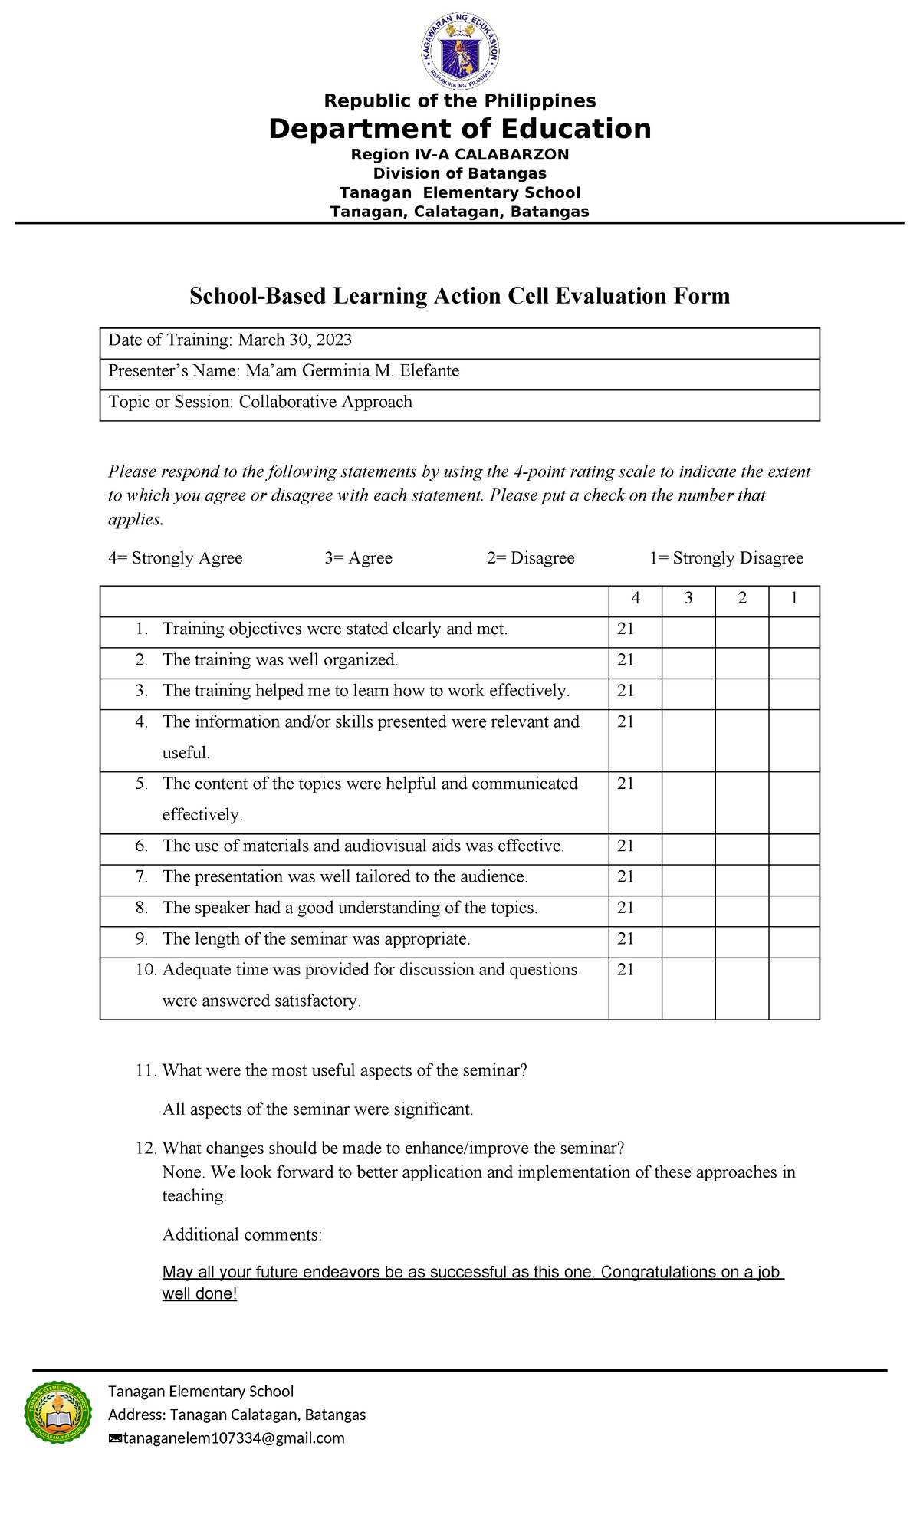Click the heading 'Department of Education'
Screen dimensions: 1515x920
click(x=459, y=129)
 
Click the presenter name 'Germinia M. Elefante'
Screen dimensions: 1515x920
click(x=380, y=371)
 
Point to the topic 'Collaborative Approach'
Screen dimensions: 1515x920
click(x=325, y=403)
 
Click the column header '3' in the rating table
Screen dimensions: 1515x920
click(x=688, y=599)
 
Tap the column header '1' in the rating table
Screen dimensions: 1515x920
click(x=793, y=599)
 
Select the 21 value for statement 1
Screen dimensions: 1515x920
click(x=626, y=629)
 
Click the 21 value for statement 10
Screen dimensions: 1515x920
click(x=626, y=970)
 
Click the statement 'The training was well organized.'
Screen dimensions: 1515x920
click(x=280, y=660)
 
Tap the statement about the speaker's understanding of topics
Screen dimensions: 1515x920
click(x=350, y=908)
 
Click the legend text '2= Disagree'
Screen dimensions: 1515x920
click(x=531, y=558)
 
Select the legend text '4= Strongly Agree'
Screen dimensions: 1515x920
click(x=176, y=558)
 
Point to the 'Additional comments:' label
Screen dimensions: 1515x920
click(x=242, y=1234)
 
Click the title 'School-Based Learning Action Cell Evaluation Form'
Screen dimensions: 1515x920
click(x=459, y=296)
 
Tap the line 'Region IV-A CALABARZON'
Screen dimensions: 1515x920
click(x=459, y=154)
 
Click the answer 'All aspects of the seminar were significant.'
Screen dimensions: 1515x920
click(x=317, y=1109)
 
